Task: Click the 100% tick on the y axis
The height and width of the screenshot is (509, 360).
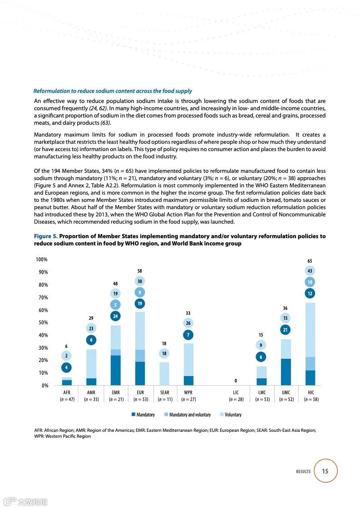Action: click(x=42, y=259)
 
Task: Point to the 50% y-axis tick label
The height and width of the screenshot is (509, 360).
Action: click(x=43, y=323)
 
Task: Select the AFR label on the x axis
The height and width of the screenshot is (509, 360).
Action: click(x=67, y=392)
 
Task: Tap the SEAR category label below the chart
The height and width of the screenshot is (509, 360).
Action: click(x=164, y=392)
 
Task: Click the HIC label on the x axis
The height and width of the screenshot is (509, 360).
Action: click(x=311, y=392)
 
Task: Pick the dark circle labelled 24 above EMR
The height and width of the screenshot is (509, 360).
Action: click(x=115, y=316)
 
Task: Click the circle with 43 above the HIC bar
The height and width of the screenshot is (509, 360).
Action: click(x=310, y=271)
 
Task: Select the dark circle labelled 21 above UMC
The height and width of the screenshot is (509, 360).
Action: click(x=286, y=330)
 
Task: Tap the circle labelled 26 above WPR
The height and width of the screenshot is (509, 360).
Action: click(x=188, y=323)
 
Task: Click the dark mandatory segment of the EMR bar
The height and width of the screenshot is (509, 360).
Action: click(x=115, y=370)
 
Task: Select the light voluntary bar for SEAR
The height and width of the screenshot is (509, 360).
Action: click(x=164, y=373)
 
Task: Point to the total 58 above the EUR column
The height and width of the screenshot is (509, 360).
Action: click(x=140, y=271)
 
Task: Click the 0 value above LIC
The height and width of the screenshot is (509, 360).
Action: click(x=236, y=381)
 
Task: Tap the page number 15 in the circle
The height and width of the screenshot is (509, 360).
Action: click(x=325, y=471)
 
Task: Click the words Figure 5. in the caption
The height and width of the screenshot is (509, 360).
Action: click(x=45, y=236)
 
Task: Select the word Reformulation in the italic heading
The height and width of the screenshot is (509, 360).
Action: click(x=51, y=91)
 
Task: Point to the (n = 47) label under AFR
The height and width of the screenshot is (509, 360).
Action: click(x=67, y=400)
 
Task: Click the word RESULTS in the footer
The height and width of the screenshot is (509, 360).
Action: click(x=303, y=471)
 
